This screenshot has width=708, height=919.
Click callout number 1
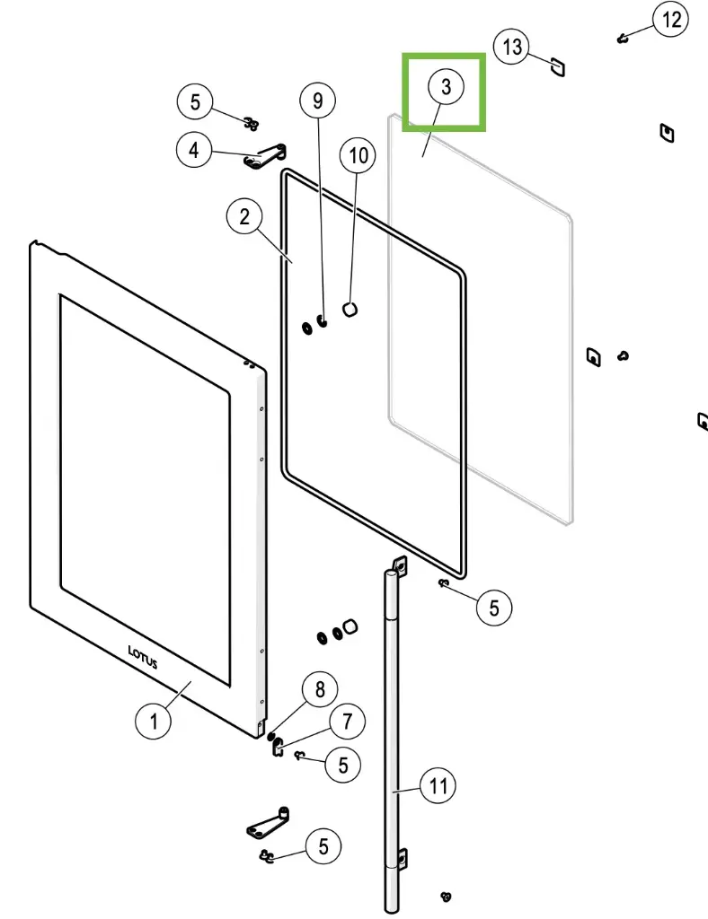154,720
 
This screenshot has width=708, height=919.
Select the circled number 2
244,216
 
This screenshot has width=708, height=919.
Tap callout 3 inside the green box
446,88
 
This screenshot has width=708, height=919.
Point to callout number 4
194,150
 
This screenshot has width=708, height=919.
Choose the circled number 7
347,720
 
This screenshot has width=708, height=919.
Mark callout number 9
317,101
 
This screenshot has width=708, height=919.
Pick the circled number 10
358,155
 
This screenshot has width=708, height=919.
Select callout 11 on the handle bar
438,787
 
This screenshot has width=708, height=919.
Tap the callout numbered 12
671,20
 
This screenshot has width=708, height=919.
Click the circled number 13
512,46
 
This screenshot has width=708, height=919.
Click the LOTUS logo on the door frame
143,658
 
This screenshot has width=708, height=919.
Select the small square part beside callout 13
557,66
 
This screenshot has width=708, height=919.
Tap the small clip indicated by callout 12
621,38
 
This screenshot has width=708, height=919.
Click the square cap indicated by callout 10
351,309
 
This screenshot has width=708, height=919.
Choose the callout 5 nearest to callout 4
195,101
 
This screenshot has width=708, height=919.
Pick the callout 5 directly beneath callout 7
342,765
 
